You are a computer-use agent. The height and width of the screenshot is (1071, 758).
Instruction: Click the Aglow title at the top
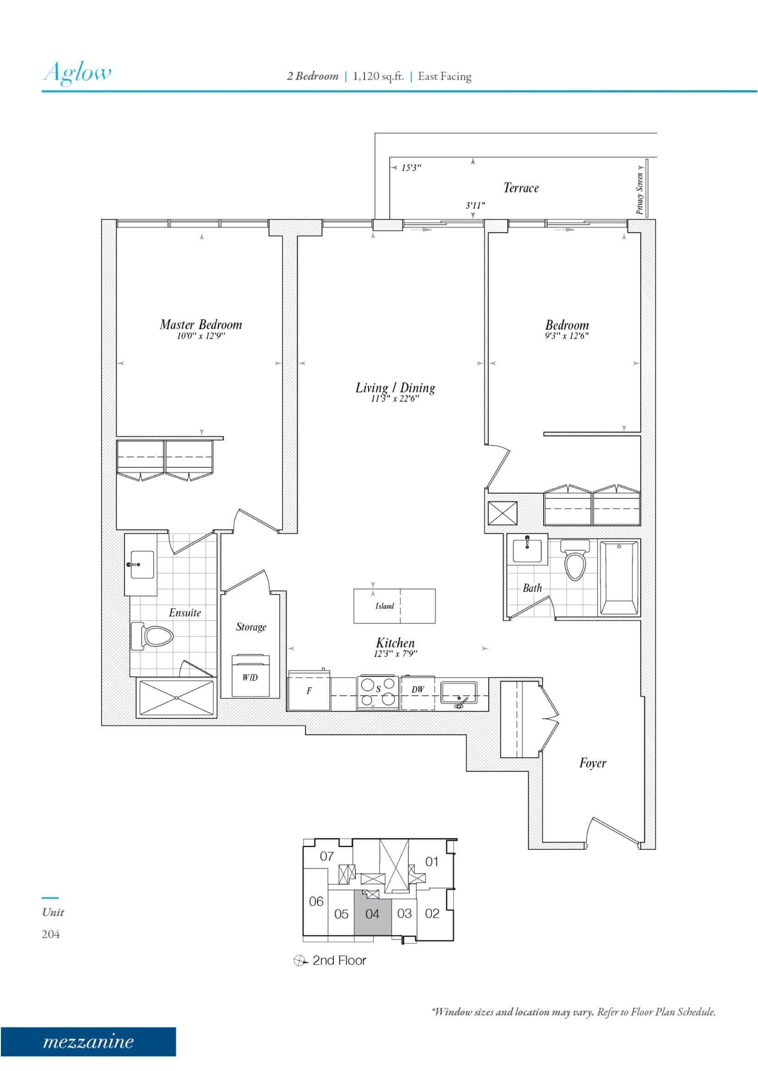click(77, 73)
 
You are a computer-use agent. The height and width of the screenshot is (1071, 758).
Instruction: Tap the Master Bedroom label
click(201, 324)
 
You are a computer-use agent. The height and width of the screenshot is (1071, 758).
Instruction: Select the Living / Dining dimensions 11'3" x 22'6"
click(395, 399)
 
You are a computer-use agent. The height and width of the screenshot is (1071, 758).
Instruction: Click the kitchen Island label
click(385, 606)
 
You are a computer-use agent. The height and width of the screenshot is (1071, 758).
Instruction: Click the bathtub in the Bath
click(618, 578)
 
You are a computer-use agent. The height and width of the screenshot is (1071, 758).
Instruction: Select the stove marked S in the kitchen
click(378, 692)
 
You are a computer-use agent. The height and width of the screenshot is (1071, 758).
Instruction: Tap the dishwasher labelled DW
click(418, 689)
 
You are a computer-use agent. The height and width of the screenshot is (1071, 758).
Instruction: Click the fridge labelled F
click(309, 690)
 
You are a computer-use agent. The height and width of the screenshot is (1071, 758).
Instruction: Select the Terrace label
click(521, 188)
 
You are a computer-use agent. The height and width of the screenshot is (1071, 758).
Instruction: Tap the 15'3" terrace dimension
click(411, 168)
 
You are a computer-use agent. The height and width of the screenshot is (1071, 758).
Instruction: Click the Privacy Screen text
click(640, 193)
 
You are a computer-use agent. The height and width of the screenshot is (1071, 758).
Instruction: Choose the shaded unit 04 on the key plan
click(372, 914)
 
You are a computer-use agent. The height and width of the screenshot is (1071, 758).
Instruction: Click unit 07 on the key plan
click(327, 856)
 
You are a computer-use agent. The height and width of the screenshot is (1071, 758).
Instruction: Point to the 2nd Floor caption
click(339, 960)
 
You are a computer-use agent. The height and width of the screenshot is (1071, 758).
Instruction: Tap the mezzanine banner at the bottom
click(88, 1042)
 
